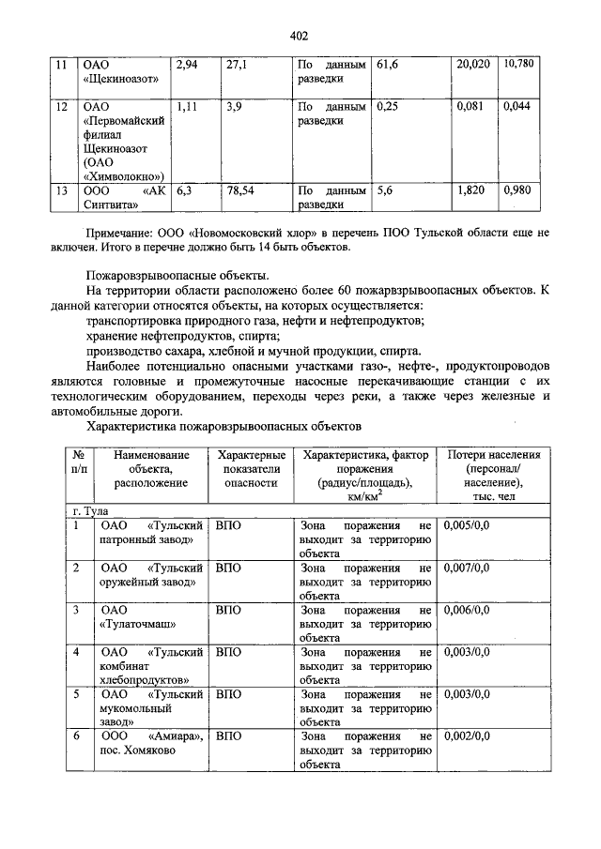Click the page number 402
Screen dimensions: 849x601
300,36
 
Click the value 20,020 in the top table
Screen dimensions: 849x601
473,65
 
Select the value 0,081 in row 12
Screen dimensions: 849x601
470,107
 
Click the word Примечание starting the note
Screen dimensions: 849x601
120,231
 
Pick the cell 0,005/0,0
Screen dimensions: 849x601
467,526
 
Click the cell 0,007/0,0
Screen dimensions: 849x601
467,568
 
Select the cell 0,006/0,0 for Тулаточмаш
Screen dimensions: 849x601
467,610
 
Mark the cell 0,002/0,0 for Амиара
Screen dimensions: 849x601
467,736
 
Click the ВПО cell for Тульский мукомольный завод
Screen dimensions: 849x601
228,694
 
